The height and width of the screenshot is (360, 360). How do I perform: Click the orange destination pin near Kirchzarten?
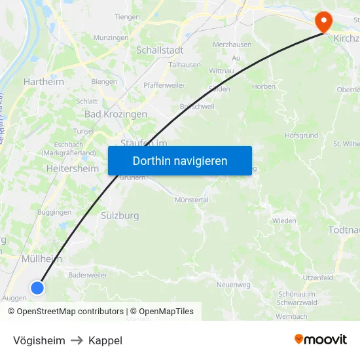(x=323, y=22)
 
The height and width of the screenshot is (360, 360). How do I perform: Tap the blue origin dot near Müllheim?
(x=37, y=287)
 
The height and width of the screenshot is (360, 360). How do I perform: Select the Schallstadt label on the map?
(x=160, y=50)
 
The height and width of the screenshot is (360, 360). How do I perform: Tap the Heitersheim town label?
(x=73, y=168)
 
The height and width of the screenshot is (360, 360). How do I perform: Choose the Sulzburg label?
(x=120, y=215)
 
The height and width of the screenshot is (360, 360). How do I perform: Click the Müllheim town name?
(x=42, y=259)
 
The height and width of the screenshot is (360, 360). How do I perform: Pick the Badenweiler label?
(x=88, y=276)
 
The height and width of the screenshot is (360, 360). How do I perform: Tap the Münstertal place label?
(x=191, y=200)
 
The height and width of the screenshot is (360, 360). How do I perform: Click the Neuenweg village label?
(x=234, y=285)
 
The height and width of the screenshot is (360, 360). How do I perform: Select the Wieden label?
(x=284, y=221)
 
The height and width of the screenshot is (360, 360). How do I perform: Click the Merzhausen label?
(x=232, y=44)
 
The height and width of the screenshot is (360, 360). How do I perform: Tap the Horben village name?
(x=264, y=87)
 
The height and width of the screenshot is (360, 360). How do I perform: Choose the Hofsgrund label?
(x=302, y=135)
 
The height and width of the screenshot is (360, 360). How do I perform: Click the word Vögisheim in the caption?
(x=39, y=340)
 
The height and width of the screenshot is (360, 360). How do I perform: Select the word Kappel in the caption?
(x=105, y=340)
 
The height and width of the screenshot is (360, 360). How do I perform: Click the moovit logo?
(x=320, y=339)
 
